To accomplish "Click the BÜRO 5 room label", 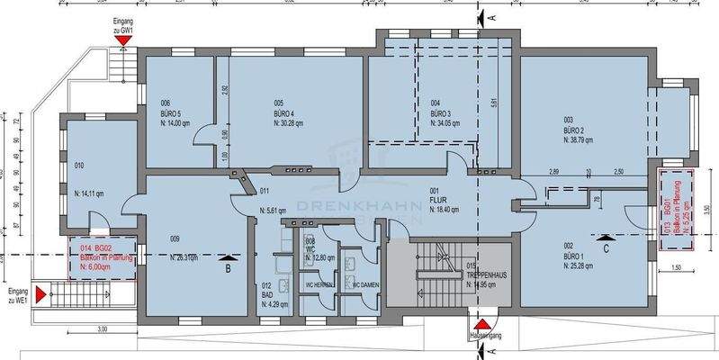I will pos(171,114).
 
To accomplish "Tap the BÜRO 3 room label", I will pos(441,114).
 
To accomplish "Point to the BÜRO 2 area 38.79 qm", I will pos(581,139).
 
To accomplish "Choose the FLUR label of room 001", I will pos(438,200).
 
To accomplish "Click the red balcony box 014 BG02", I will pos(103,256).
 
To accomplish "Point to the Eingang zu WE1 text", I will pos(18,294).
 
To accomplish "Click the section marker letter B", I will pos(228,267).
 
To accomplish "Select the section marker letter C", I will pos(607,247).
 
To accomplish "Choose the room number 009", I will pos(175,238).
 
